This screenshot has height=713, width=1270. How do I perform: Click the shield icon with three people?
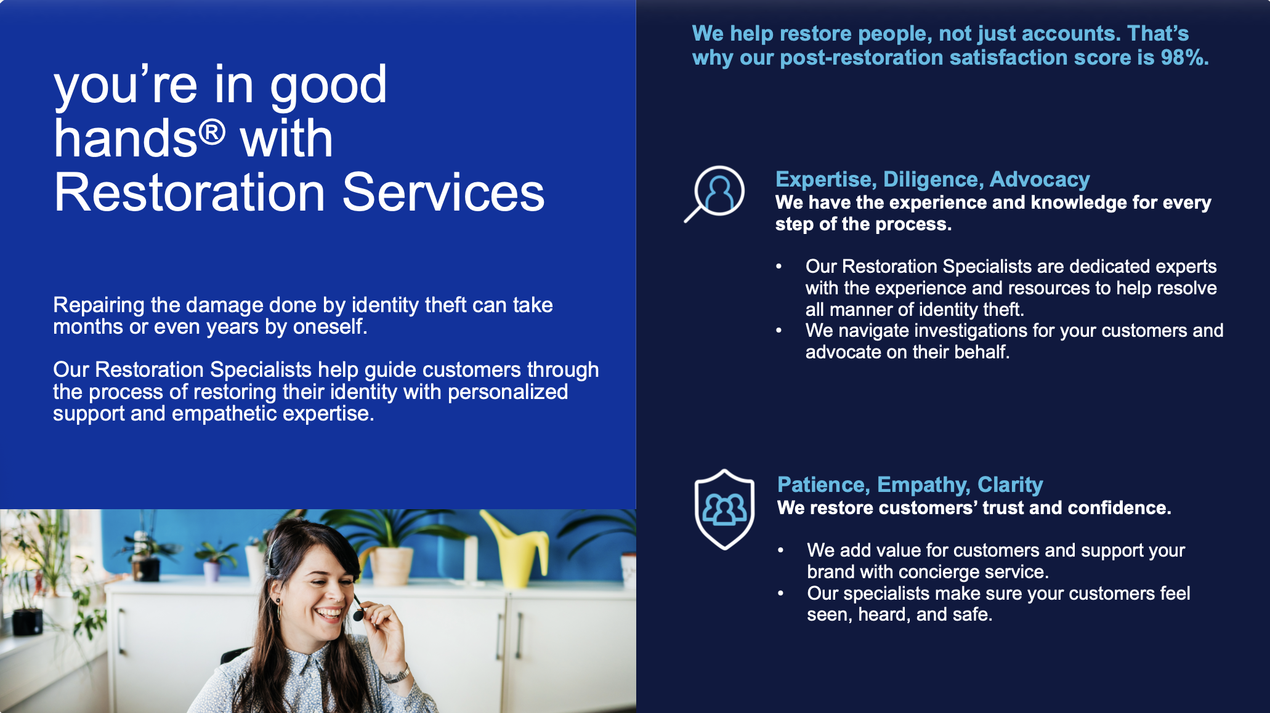click(x=724, y=509)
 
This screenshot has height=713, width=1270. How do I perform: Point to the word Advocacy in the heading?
click(x=1040, y=179)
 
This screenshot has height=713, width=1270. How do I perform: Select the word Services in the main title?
click(x=443, y=193)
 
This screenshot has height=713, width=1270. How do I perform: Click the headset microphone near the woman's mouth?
click(x=358, y=613)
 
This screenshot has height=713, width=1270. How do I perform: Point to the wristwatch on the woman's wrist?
click(x=397, y=674)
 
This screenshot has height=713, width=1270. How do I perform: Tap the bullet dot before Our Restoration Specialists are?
click(x=779, y=267)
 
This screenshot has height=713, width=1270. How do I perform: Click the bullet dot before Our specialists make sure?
click(x=780, y=594)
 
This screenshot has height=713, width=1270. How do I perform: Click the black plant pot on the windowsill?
click(x=27, y=621)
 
